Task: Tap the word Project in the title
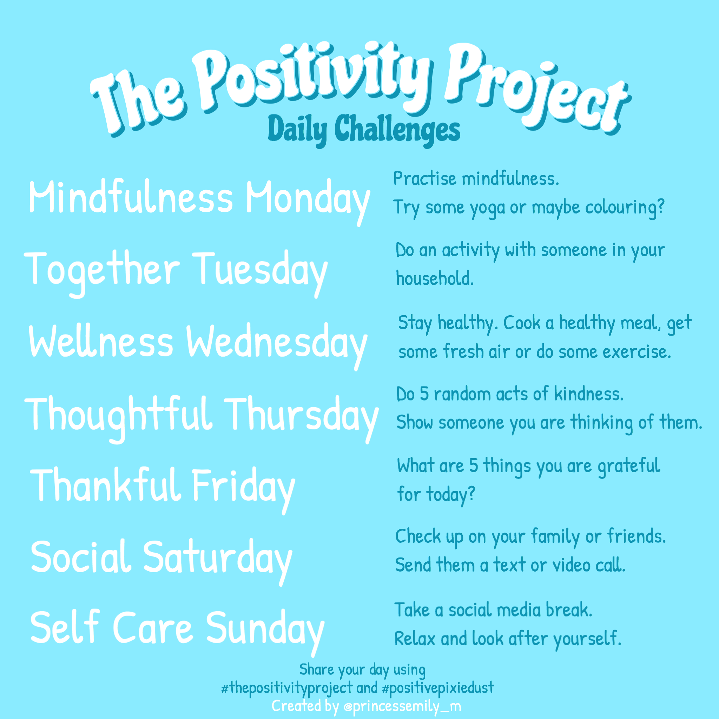536,87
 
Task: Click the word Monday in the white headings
308,199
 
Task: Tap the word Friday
243,486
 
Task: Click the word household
434,279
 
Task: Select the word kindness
588,394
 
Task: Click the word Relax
415,639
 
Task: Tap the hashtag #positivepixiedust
438,687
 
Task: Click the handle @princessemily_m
402,706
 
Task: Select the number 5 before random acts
424,394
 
